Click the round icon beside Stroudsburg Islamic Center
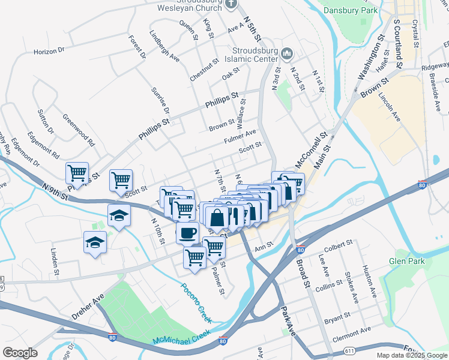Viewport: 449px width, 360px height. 287,55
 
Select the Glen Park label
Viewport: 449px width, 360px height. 406,261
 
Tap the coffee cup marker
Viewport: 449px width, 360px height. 187,232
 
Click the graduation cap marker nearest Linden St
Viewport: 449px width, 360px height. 95,243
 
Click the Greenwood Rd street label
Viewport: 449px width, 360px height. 79,131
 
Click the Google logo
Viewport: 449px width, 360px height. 20,353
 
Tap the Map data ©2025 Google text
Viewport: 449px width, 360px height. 411,355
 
